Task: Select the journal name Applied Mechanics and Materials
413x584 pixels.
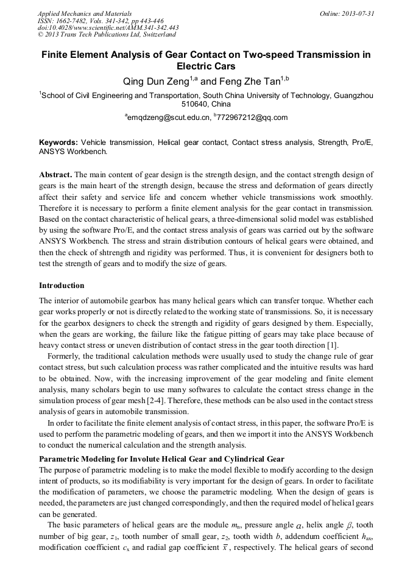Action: coord(84,13)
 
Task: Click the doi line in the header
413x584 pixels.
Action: coord(108,27)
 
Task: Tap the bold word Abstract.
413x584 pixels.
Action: coord(55,174)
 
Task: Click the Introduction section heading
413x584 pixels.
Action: coord(62,286)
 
